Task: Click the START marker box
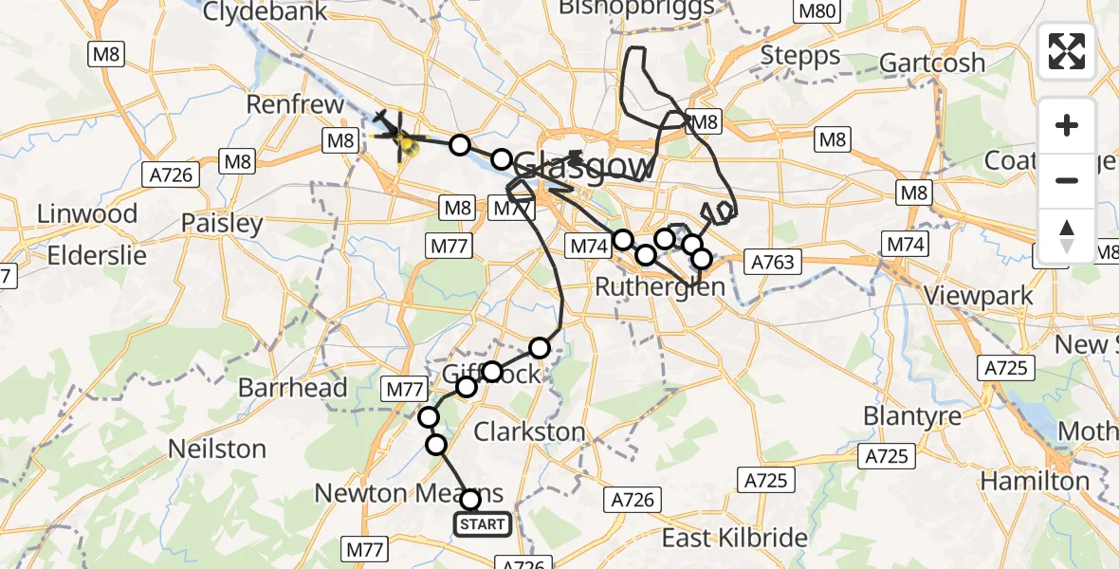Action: pyautogui.click(x=483, y=524)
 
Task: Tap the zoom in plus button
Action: pyautogui.click(x=1067, y=126)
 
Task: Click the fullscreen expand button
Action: pyautogui.click(x=1067, y=51)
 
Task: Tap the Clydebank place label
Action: pyautogui.click(x=265, y=12)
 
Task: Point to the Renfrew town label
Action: pyautogui.click(x=295, y=103)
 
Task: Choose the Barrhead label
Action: pyautogui.click(x=283, y=387)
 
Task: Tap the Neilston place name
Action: pyautogui.click(x=216, y=449)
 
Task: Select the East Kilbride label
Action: pyautogui.click(x=735, y=539)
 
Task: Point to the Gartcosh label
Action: pyautogui.click(x=932, y=63)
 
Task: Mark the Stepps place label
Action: pyautogui.click(x=801, y=56)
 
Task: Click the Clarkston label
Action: pyautogui.click(x=529, y=432)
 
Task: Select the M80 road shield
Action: pyautogui.click(x=816, y=12)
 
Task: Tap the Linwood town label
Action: pyautogui.click(x=86, y=213)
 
